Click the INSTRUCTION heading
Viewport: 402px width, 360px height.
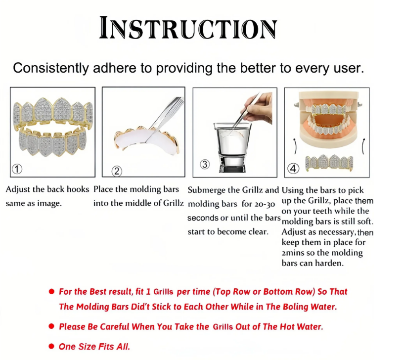(188, 28)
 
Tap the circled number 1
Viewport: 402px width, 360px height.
(17, 169)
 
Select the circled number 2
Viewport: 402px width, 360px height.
(117, 171)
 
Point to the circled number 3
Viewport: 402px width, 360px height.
(205, 164)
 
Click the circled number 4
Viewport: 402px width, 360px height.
(293, 168)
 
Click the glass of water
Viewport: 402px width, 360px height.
(232, 147)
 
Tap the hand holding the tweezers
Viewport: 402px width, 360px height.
(259, 107)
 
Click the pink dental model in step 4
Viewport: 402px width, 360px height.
(328, 120)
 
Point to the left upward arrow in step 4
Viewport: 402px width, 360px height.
(295, 146)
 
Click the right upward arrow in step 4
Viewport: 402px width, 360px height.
(363, 146)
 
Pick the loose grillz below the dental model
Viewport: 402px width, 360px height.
(329, 162)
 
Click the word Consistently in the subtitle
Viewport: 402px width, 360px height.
(51, 68)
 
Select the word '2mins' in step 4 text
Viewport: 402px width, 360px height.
(293, 253)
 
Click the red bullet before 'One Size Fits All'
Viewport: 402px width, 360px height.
(51, 347)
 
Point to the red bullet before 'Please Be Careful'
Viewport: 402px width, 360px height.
(51, 326)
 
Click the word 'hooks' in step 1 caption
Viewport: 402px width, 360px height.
(78, 189)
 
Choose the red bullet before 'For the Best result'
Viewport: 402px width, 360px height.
(51, 291)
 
